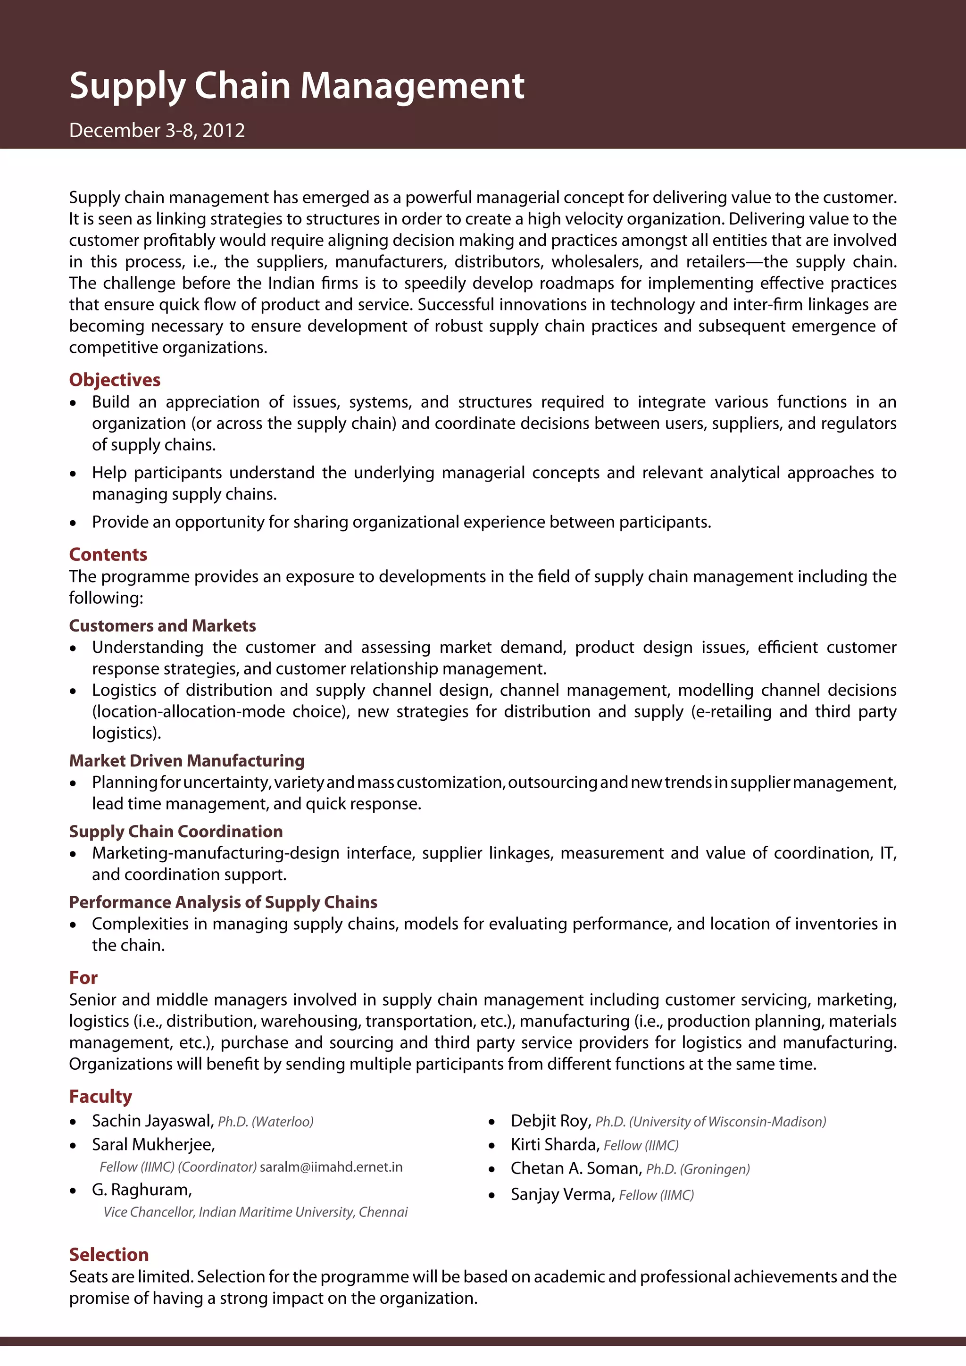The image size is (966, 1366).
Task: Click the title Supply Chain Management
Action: (296, 86)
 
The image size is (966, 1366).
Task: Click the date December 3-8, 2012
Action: (157, 130)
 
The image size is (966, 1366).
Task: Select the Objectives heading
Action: (115, 380)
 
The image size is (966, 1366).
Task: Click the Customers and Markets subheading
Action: (162, 625)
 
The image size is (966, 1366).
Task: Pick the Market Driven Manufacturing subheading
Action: (187, 760)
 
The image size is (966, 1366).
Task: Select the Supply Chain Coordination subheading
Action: (175, 831)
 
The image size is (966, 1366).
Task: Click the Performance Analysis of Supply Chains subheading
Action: (223, 902)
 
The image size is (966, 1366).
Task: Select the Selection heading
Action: (109, 1254)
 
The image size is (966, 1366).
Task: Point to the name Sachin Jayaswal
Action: (152, 1121)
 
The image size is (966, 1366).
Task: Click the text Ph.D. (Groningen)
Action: (698, 1169)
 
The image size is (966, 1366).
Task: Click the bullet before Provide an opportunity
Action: (73, 523)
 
